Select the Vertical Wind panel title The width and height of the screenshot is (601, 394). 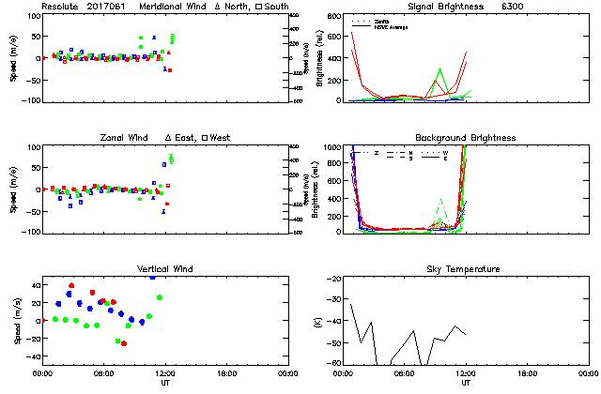click(164, 269)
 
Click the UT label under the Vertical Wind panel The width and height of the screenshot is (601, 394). click(164, 383)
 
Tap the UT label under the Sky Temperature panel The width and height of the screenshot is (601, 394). click(466, 383)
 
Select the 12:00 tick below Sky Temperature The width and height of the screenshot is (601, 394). click(466, 373)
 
